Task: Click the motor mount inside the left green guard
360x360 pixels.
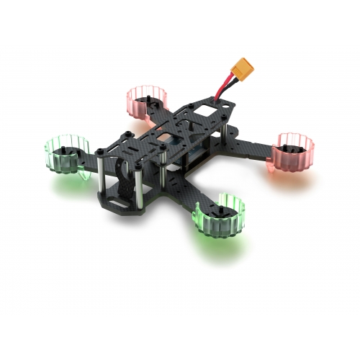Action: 66,150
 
